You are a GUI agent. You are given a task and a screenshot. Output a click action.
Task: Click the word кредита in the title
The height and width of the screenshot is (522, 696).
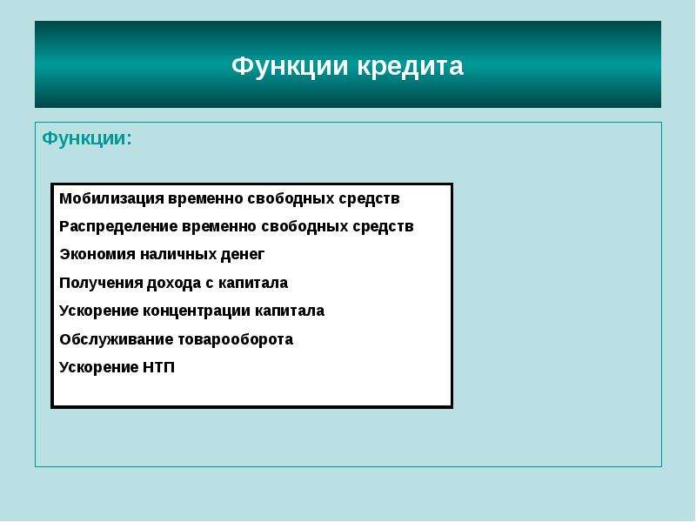click(x=410, y=68)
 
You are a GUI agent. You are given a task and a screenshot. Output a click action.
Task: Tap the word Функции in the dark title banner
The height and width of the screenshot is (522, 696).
click(x=290, y=68)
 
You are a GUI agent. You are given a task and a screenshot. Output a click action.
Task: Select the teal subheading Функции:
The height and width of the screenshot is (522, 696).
click(x=87, y=139)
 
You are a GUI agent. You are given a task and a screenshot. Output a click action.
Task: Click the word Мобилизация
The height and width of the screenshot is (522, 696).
click(x=111, y=199)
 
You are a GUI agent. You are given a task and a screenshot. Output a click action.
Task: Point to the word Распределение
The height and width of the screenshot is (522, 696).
click(x=118, y=227)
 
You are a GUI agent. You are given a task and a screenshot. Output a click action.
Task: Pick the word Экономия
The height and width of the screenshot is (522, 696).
click(x=97, y=254)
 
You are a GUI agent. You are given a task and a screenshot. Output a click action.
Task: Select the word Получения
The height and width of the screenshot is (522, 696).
click(x=101, y=284)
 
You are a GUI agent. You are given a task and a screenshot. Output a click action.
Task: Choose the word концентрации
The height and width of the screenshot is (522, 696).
click(x=197, y=311)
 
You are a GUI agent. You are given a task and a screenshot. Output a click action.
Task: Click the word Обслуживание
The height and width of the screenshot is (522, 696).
click(x=117, y=339)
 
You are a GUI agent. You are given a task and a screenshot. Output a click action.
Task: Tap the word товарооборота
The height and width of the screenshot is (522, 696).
click(x=235, y=339)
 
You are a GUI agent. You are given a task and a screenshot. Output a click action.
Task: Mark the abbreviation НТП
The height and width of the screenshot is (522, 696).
click(x=159, y=367)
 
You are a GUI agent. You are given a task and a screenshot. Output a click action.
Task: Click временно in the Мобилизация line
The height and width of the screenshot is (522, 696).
click(x=205, y=199)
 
